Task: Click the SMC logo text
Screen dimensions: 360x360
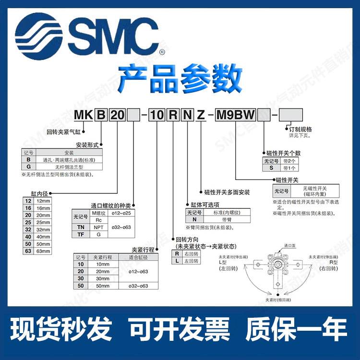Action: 114,32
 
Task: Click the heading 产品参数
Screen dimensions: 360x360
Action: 180,77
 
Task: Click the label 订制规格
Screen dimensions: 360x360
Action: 301,129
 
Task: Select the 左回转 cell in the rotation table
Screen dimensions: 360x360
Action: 193,261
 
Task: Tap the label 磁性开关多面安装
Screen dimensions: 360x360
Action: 227,192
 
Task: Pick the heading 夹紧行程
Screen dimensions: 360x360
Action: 143,249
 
